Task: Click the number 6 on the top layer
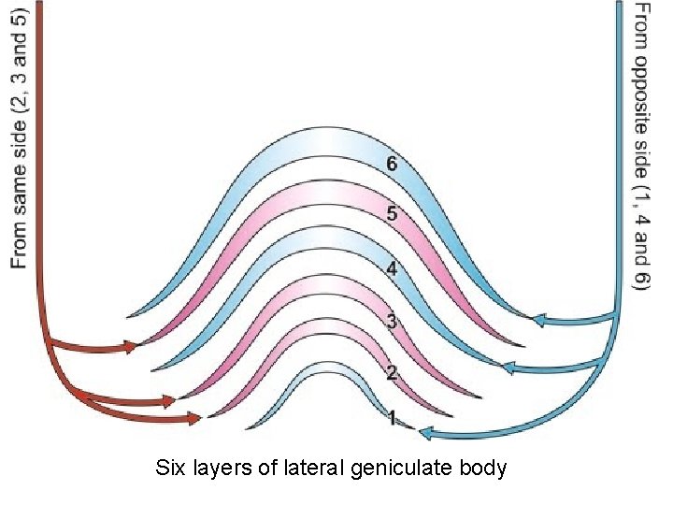point(392,165)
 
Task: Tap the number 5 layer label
point(392,213)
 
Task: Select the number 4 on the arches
point(392,268)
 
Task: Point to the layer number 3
point(392,322)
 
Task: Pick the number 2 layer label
point(392,372)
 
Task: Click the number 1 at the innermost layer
point(393,418)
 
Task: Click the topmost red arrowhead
point(132,347)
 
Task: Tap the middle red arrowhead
point(168,401)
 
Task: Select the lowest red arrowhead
point(195,417)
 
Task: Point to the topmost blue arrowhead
point(539,320)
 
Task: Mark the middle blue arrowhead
point(510,367)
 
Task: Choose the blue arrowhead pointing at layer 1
point(425,432)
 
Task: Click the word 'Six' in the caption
point(171,467)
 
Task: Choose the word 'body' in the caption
point(483,467)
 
